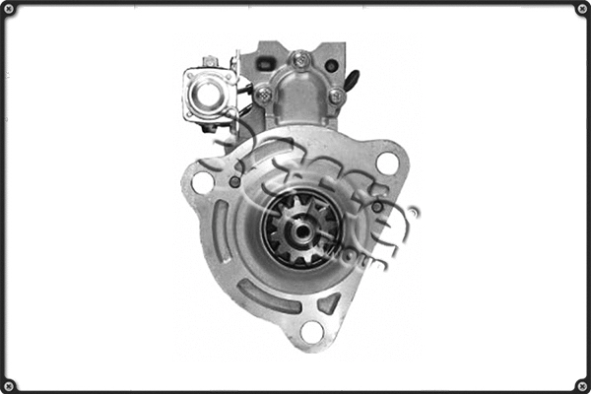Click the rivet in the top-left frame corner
pyautogui.click(x=10, y=10)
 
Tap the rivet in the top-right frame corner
pyautogui.click(x=581, y=10)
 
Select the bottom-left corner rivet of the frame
pyautogui.click(x=10, y=384)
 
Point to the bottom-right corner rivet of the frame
pyautogui.click(x=581, y=384)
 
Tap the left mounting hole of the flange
pyautogui.click(x=203, y=182)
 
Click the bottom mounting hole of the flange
pyautogui.click(x=311, y=332)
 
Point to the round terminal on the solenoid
pyautogui.click(x=209, y=94)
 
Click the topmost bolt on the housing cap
pyautogui.click(x=302, y=60)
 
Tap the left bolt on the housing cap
pyautogui.click(x=264, y=95)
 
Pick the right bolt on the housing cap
pyautogui.click(x=336, y=96)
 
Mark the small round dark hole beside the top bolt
pyautogui.click(x=331, y=66)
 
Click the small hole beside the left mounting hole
pyautogui.click(x=234, y=182)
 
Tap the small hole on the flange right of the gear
pyautogui.click(x=377, y=208)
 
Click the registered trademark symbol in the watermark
pyautogui.click(x=414, y=212)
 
